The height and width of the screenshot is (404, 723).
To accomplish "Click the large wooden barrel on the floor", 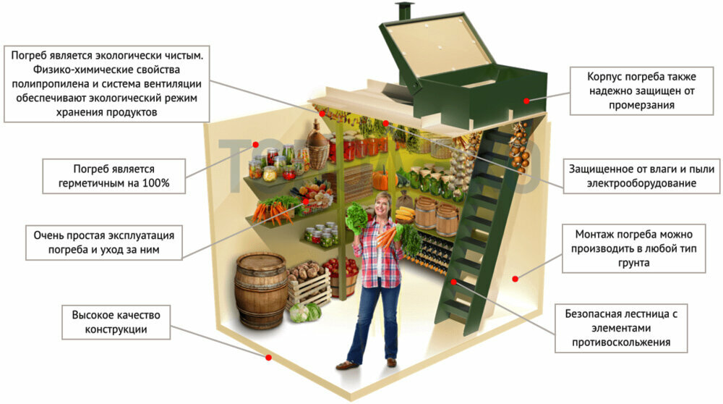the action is coord(261,290).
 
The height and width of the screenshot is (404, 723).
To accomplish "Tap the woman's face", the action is coord(383,206).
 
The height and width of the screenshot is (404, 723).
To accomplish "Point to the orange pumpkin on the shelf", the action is coord(380,179).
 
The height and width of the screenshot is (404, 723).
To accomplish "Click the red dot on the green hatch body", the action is coord(526,101).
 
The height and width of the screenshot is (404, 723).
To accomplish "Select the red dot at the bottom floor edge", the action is coord(268,357).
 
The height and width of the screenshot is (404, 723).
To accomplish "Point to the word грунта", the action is coord(633,263).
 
